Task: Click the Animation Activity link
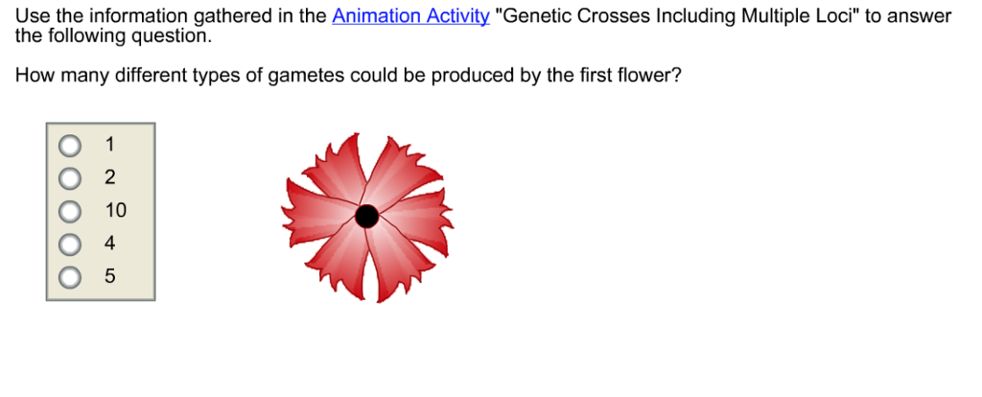click(x=410, y=17)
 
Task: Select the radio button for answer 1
click(x=70, y=146)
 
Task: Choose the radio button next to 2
click(x=70, y=178)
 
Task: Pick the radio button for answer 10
click(x=70, y=211)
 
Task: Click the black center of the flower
click(x=366, y=217)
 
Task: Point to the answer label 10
click(x=115, y=211)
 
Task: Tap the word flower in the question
click(x=648, y=77)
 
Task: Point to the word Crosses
click(x=611, y=17)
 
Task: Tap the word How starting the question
click(x=35, y=77)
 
